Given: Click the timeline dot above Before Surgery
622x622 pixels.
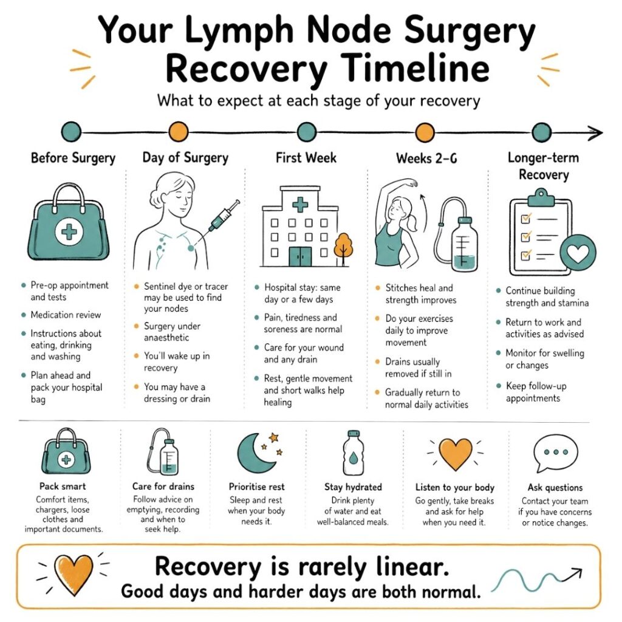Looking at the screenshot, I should (x=71, y=131).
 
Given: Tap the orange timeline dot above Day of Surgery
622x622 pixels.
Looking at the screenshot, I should (x=178, y=131).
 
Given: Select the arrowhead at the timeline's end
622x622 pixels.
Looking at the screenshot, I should (x=595, y=132).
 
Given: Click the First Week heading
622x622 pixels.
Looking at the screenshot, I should (x=306, y=158).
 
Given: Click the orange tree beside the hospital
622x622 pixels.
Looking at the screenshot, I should (x=344, y=247).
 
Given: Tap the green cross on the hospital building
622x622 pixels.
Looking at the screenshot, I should (x=300, y=205).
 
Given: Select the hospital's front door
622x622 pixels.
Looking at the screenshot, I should (x=300, y=256).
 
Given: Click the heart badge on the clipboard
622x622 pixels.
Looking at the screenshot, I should (x=578, y=253).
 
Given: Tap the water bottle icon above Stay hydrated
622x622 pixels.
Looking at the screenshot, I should (x=353, y=452).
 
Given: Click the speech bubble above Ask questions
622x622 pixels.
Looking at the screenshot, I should (x=555, y=453).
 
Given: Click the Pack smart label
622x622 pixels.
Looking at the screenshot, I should (x=63, y=487).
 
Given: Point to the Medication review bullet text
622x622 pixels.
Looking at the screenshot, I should (x=66, y=315).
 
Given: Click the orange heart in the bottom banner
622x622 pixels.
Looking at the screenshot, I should (x=73, y=574).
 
